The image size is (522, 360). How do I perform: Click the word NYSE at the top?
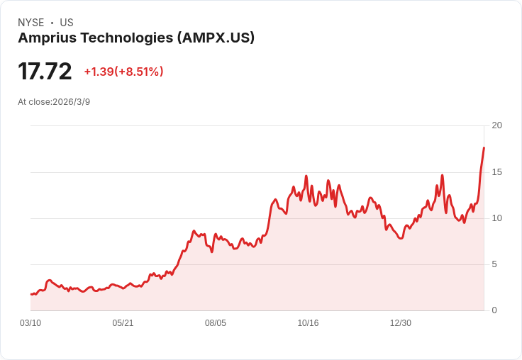pos(30,23)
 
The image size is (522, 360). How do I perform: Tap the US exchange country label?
pos(67,23)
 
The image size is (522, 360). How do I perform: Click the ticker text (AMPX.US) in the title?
pos(215,38)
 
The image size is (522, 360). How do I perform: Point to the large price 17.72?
pos(45,72)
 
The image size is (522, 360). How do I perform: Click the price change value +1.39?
pos(99,72)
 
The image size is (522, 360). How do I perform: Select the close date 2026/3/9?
pos(71,102)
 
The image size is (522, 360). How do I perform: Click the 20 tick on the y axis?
pos(496,125)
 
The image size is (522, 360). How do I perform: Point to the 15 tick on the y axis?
pos(496,172)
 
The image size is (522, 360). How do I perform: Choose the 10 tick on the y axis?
pos(496,218)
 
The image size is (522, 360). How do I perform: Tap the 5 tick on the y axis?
pos(494,264)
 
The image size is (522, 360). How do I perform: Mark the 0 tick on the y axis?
pos(494,310)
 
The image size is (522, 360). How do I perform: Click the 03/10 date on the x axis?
pos(30,323)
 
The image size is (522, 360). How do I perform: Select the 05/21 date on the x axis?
pos(123,323)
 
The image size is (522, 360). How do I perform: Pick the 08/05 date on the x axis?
pos(216,323)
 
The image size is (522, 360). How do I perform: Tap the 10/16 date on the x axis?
pos(308,323)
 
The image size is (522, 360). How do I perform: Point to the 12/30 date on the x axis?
pos(401,323)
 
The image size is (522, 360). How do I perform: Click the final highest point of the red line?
pos(484,147)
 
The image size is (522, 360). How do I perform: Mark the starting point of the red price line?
pos(31,293)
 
